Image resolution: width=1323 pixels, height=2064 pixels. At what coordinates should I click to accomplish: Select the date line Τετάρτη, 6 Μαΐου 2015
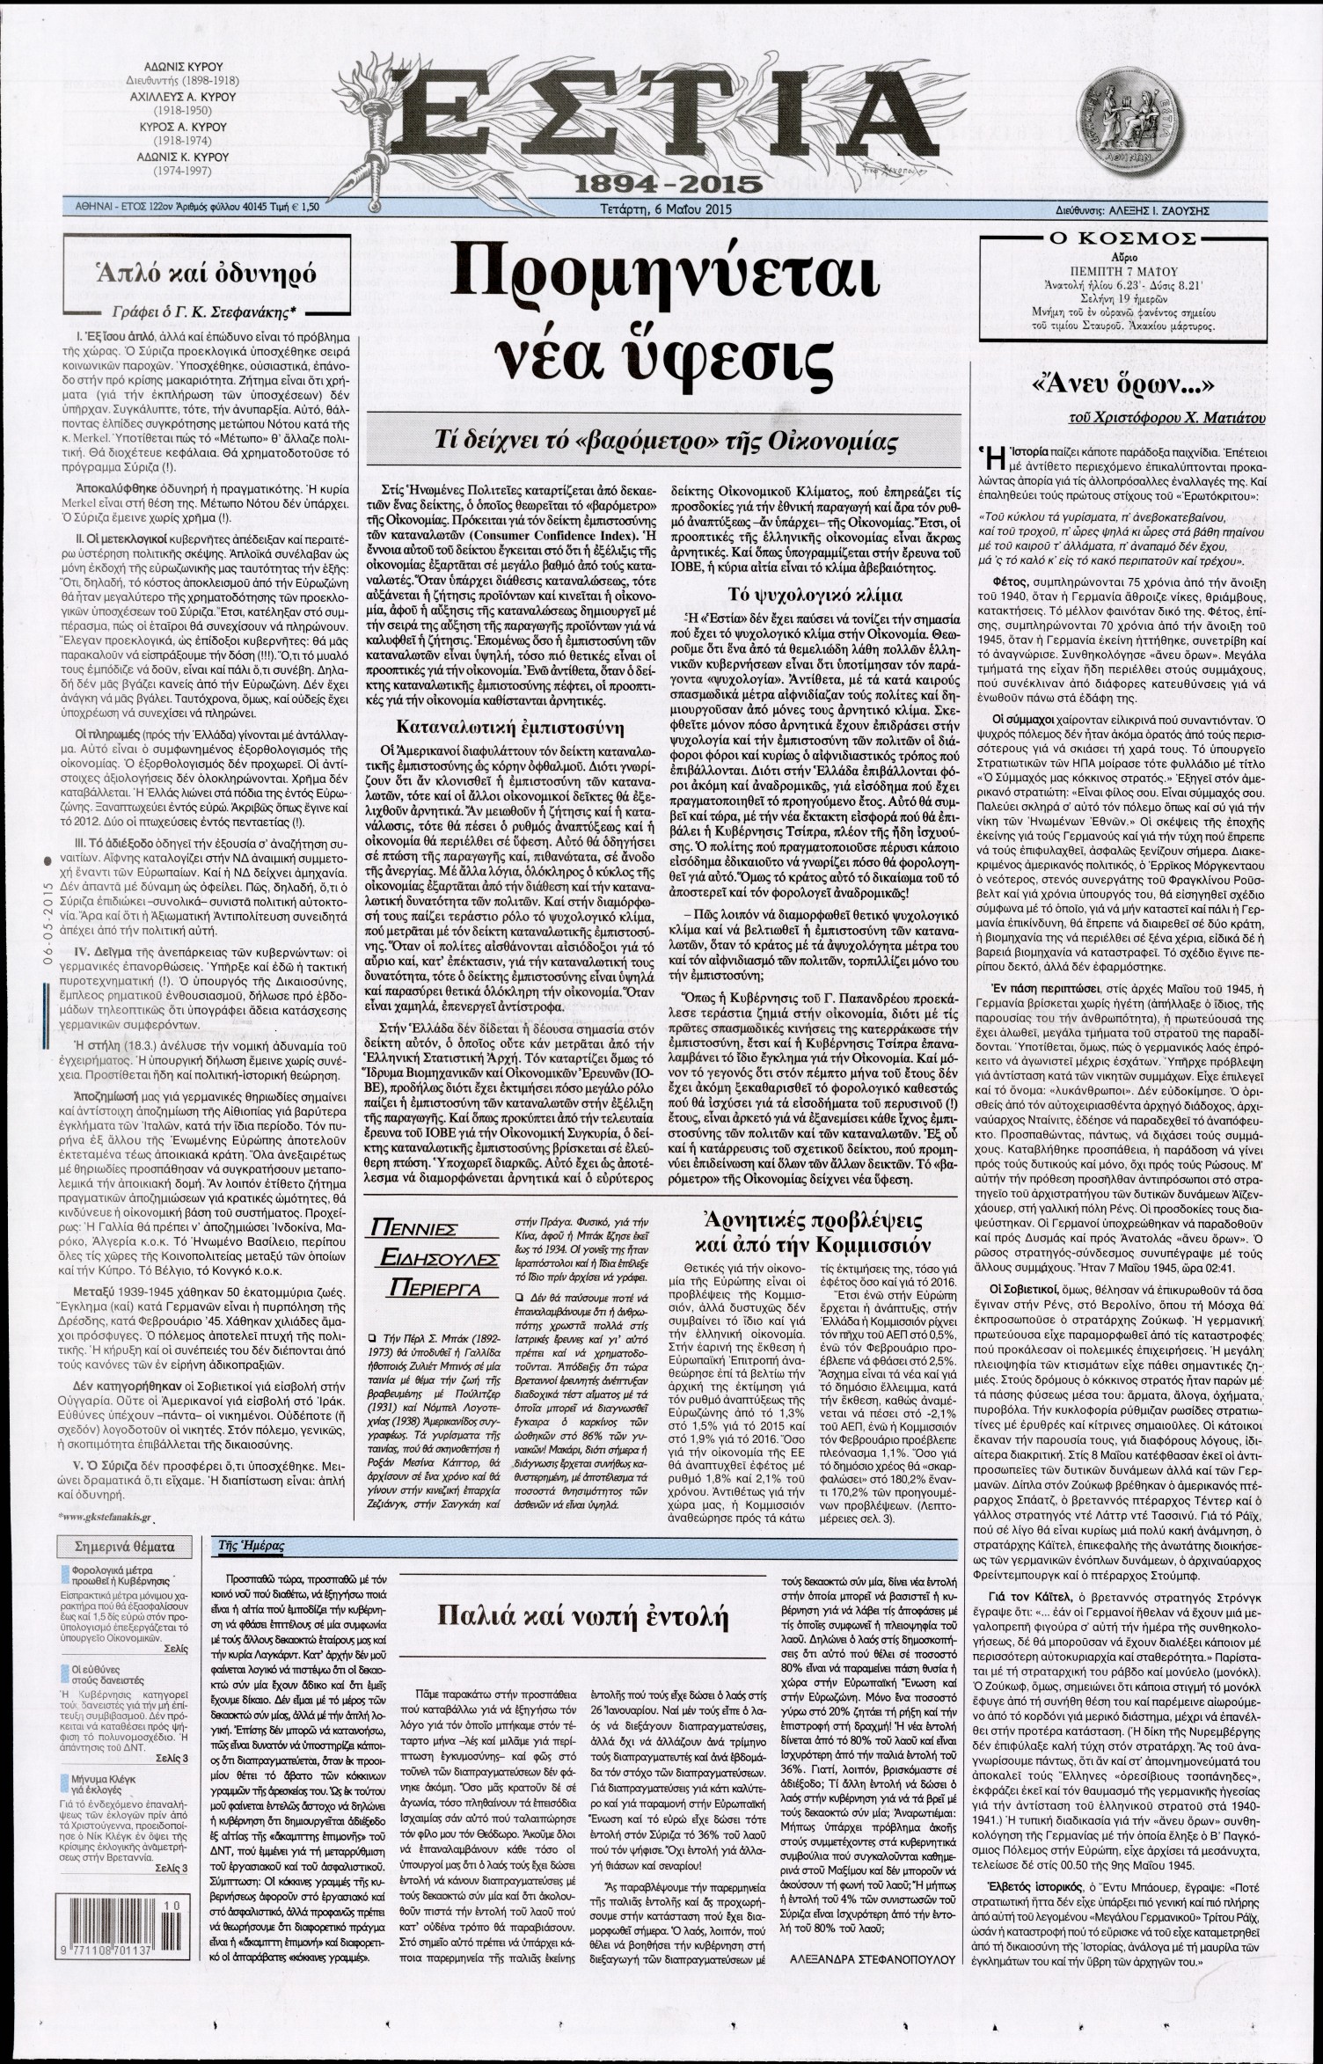tap(662, 210)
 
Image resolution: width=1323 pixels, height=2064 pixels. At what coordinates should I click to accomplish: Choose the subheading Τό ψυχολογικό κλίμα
tap(814, 594)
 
